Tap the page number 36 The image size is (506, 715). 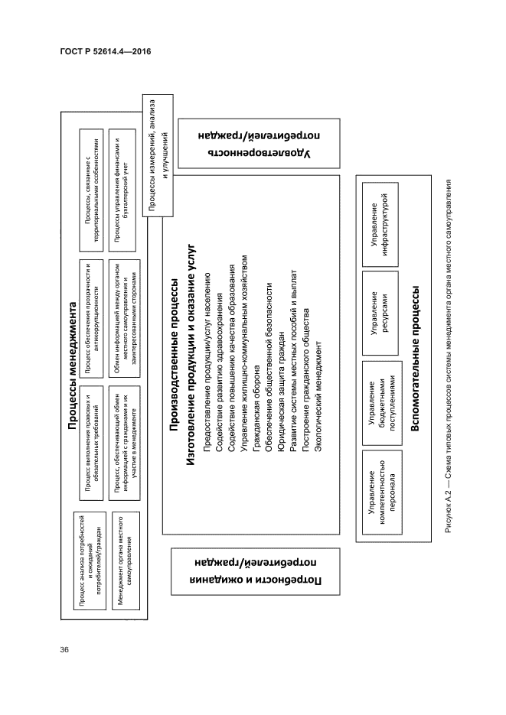(64, 650)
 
